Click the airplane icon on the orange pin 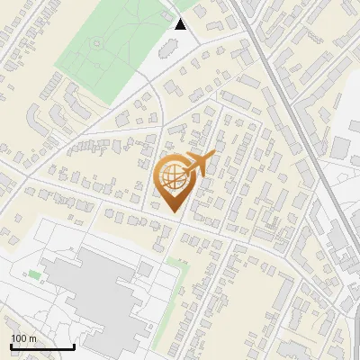[200, 163]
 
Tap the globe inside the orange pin [174, 177]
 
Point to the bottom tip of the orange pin [175, 212]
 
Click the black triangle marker [181, 24]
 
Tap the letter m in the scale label [32, 338]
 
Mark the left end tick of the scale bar [11, 345]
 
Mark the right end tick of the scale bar [74, 345]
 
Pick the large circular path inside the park [96, 42]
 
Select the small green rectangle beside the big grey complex [34, 274]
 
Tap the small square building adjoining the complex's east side [145, 269]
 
